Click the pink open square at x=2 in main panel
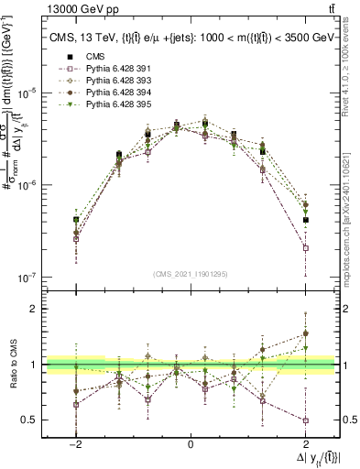305,248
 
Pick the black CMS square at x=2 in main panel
305,220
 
